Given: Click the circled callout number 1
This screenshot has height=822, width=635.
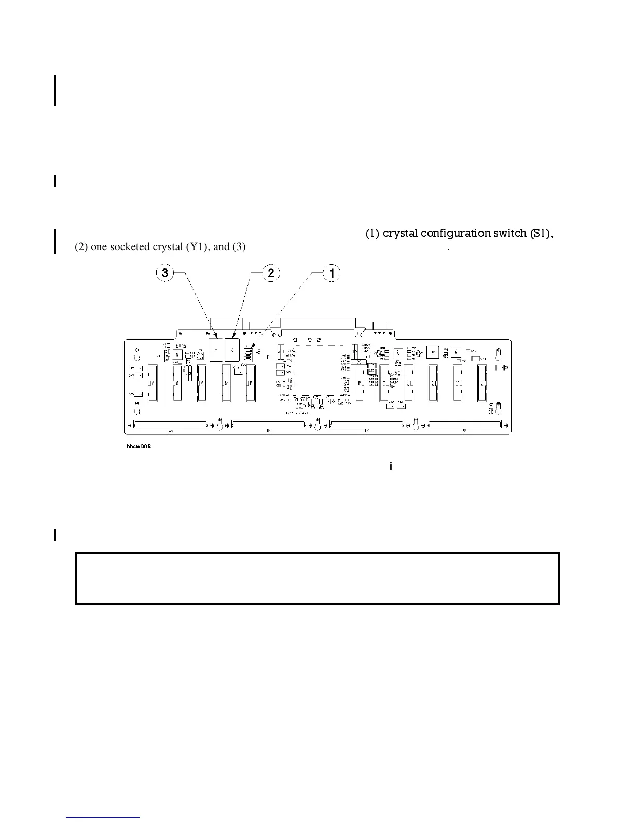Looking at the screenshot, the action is point(332,273).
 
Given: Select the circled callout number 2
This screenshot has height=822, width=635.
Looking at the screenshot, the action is point(271,273).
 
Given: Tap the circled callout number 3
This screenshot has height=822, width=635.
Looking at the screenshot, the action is point(165,273).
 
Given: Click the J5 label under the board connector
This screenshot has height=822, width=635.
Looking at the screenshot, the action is point(170,431).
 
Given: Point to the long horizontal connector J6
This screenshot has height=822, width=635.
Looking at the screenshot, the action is point(268,424).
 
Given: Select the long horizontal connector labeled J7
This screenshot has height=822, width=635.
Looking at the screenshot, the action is point(366,424).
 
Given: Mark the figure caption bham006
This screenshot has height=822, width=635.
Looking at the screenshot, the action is point(139,447).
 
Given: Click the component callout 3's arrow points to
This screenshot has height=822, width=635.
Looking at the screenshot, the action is point(215,349).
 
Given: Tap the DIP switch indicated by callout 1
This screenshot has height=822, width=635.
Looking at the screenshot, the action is point(248,354).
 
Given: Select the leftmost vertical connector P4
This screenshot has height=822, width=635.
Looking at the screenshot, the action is point(153,383).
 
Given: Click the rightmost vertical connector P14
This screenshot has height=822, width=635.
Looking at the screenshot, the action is point(482,383).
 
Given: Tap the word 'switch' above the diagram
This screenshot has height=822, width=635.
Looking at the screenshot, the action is point(510,234).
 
